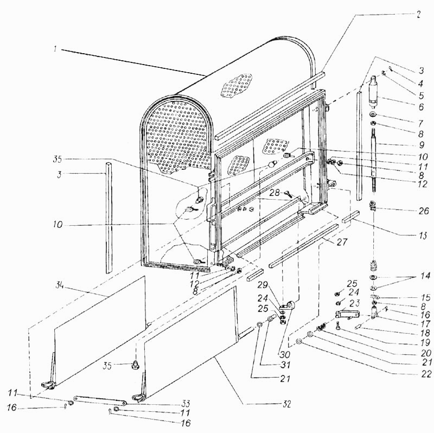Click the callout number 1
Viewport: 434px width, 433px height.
click(x=55, y=49)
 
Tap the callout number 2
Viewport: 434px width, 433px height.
click(x=418, y=15)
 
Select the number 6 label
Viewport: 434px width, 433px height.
click(x=421, y=106)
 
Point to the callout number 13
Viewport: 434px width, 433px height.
click(x=423, y=235)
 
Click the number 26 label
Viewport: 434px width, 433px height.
click(x=424, y=211)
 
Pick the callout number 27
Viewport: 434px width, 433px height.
click(x=342, y=241)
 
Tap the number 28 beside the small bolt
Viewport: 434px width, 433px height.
click(x=275, y=193)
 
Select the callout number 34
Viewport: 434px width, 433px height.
click(x=59, y=285)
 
